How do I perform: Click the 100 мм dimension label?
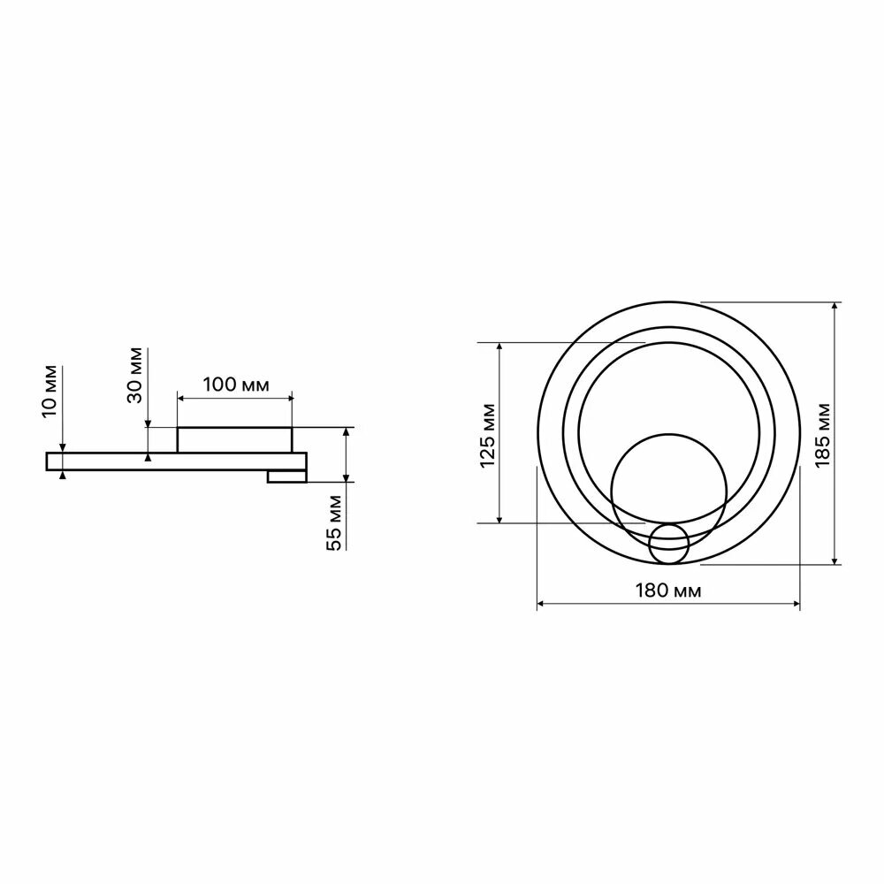pyautogui.click(x=236, y=385)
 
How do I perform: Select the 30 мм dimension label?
pyautogui.click(x=135, y=376)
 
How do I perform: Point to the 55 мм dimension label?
pyautogui.click(x=334, y=522)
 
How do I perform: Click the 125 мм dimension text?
pyautogui.click(x=487, y=436)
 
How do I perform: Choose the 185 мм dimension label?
pyautogui.click(x=822, y=435)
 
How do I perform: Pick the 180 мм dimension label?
pyautogui.click(x=668, y=591)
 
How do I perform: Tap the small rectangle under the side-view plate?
pyautogui.click(x=287, y=477)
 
